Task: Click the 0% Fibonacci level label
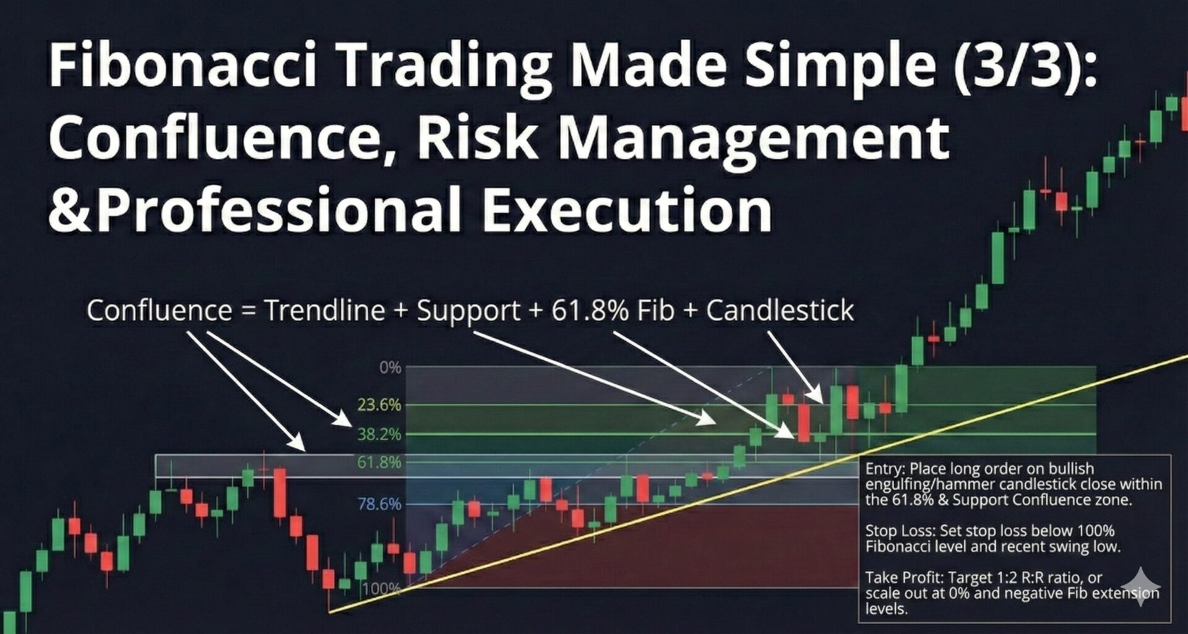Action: [390, 368]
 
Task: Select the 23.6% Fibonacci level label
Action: [379, 405]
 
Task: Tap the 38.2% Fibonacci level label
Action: [379, 434]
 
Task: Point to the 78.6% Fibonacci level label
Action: [379, 504]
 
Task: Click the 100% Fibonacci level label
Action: [381, 588]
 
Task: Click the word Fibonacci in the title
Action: [183, 65]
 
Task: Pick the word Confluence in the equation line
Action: [159, 311]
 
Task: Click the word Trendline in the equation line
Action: [325, 311]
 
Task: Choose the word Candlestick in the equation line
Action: [780, 311]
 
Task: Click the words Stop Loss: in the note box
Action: [900, 531]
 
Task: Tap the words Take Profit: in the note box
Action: [904, 578]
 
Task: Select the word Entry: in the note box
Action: [885, 469]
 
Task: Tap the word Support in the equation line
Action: [468, 311]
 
